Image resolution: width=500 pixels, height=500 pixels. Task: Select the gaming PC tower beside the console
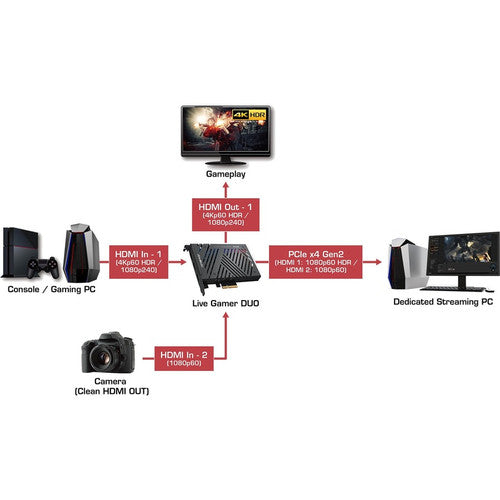click(81, 255)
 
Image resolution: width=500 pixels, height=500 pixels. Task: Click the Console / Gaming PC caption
click(51, 290)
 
